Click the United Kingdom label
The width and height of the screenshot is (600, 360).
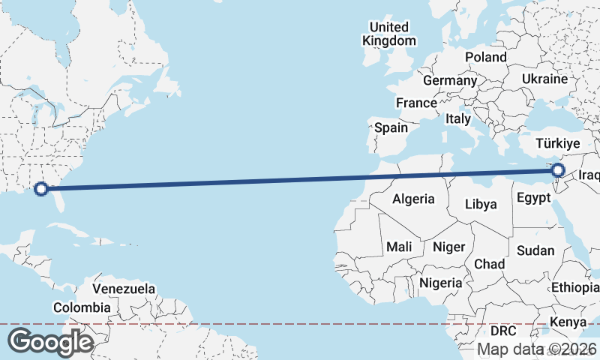(x=388, y=34)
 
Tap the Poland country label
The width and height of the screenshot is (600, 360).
(x=485, y=57)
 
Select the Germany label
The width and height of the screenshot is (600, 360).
(x=450, y=80)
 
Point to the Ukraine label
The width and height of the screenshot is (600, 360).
(x=544, y=79)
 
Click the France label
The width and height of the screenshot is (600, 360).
(x=416, y=103)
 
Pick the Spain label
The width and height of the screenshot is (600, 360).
(x=391, y=127)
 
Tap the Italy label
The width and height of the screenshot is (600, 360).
(x=457, y=118)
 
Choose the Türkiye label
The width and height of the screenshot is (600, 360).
(x=559, y=143)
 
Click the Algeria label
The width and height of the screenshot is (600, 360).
(x=413, y=199)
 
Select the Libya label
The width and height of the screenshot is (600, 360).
(x=481, y=204)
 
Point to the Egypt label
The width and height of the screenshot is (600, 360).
(x=533, y=198)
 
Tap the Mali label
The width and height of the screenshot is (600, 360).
(x=399, y=247)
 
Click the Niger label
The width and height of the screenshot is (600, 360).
(x=449, y=247)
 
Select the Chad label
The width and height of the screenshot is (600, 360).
(x=489, y=264)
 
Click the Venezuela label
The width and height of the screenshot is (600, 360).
(x=124, y=289)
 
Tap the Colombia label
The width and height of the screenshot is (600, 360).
(x=82, y=307)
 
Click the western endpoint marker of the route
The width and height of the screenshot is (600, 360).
(x=42, y=189)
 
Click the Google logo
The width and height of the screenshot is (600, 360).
(x=49, y=342)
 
